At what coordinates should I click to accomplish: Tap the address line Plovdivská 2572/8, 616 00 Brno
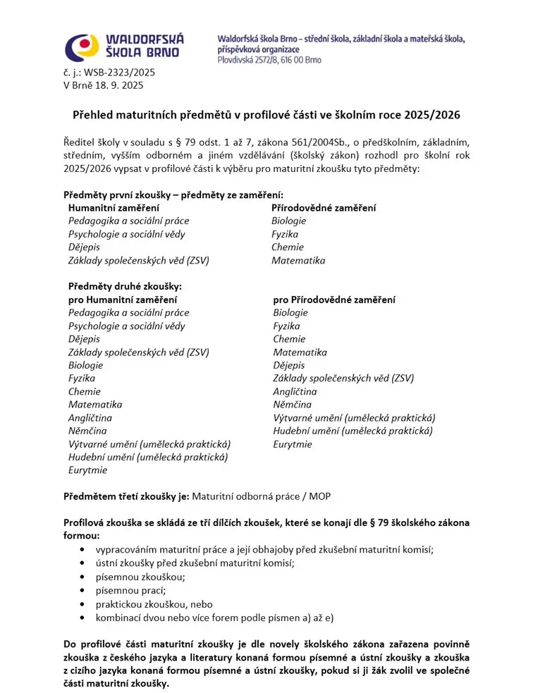[269, 60]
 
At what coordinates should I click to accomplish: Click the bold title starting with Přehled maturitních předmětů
[266, 114]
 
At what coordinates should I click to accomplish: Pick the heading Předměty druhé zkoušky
[125, 286]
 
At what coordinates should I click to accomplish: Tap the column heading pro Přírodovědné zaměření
[334, 300]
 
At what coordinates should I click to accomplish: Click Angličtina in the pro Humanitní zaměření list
[90, 418]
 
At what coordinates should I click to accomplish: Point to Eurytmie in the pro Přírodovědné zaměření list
[293, 444]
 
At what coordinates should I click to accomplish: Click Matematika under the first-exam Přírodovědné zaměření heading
[298, 260]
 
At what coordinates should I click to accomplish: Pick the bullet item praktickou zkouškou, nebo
[154, 604]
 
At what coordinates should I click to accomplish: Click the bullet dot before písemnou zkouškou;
[85, 577]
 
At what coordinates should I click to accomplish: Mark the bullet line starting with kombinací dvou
[214, 618]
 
